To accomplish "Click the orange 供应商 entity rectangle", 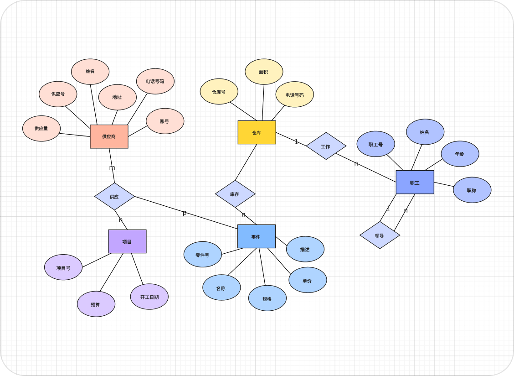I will click(x=109, y=136).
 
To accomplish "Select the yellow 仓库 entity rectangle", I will click(x=257, y=132).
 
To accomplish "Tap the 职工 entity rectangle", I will click(x=415, y=183).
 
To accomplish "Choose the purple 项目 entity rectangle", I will click(x=127, y=241).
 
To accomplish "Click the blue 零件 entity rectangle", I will click(x=256, y=236).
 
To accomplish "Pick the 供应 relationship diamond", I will click(x=114, y=197).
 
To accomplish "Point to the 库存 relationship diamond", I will click(x=235, y=194).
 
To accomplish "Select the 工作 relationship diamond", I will click(x=326, y=146).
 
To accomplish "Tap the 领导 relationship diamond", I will click(x=380, y=235).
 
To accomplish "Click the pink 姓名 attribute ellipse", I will click(x=90, y=72).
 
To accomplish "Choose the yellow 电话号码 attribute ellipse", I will click(x=294, y=94).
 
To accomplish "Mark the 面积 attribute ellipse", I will click(x=264, y=72).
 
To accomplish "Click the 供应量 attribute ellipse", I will click(x=41, y=128).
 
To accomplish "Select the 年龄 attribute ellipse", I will click(x=460, y=154).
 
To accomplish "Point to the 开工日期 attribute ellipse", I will click(x=149, y=297).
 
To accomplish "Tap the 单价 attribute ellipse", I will click(x=308, y=280).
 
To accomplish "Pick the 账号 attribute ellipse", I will click(x=165, y=121).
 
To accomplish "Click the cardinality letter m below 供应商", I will click(x=112, y=167).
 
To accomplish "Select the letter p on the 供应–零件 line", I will click(x=185, y=213).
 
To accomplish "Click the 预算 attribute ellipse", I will click(x=96, y=304).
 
